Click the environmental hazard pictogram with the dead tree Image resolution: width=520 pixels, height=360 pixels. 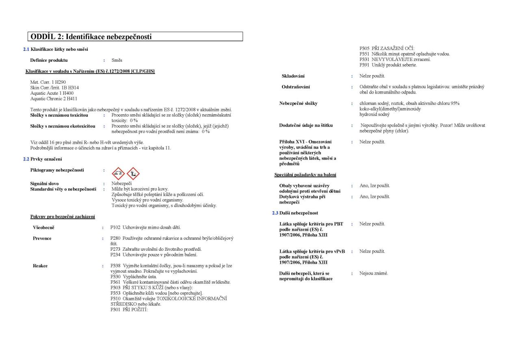(x=133, y=173)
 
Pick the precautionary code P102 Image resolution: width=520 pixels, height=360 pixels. (x=116, y=227)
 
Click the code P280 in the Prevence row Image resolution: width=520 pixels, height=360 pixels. (x=116, y=238)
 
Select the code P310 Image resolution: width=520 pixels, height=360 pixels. (x=116, y=299)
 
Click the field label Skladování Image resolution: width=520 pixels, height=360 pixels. (x=293, y=76)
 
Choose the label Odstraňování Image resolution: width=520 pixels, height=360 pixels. (x=297, y=87)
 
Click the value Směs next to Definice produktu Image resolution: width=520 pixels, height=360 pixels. (x=117, y=60)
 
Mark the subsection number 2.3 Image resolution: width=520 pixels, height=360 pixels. (x=275, y=213)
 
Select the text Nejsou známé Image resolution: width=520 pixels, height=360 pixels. (x=373, y=273)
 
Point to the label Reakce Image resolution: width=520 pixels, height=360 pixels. (x=40, y=266)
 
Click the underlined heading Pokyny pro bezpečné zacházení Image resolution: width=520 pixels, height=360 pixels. (x=63, y=217)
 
